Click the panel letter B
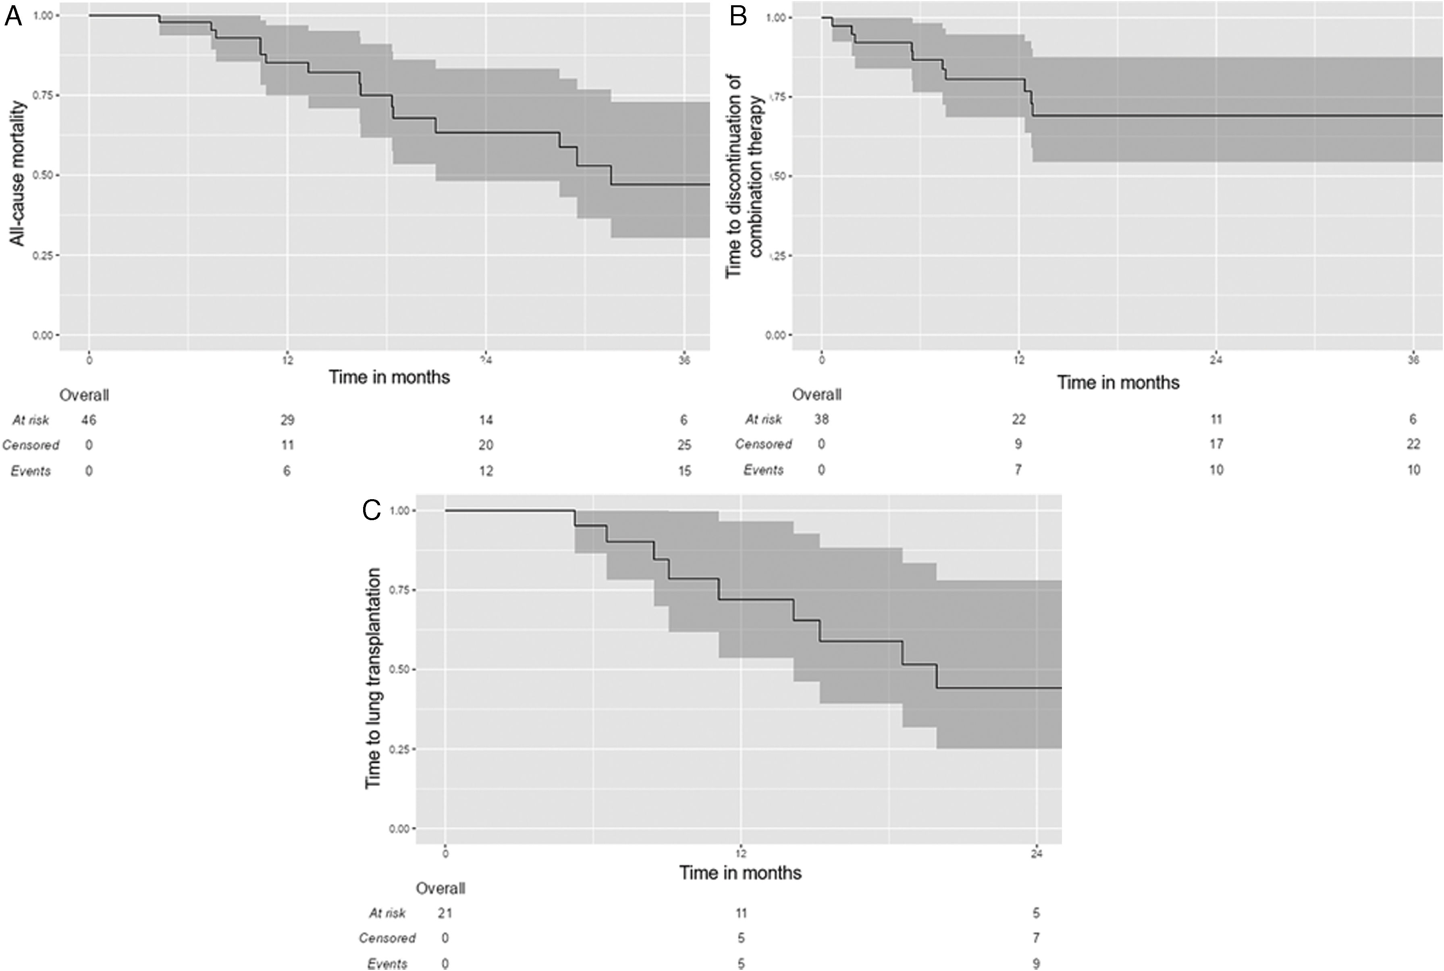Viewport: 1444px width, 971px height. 738,17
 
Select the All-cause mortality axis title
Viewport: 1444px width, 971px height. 19,173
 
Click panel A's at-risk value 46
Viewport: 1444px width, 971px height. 89,420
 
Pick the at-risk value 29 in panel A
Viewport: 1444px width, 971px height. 287,420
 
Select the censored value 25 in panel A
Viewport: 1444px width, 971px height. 684,445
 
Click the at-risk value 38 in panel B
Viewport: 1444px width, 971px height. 821,419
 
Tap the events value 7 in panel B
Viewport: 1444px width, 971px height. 1018,470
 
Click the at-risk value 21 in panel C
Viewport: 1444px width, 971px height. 445,913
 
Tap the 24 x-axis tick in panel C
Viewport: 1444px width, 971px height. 1037,853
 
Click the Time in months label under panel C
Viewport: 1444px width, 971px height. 740,873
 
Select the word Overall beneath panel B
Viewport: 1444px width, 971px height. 817,394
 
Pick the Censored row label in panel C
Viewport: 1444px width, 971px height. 387,938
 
